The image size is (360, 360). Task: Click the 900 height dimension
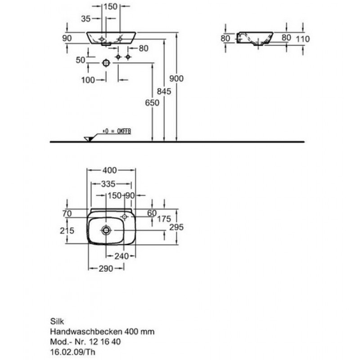[176, 78]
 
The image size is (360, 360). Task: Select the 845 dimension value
[164, 91]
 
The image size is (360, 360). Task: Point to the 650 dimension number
[152, 103]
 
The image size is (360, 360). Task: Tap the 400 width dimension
[110, 170]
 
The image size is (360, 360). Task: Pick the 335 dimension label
[108, 184]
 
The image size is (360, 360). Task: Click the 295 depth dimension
[176, 227]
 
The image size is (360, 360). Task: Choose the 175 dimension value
[164, 219]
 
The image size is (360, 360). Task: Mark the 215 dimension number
[67, 230]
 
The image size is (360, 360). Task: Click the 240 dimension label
[121, 256]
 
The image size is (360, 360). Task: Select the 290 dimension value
[106, 268]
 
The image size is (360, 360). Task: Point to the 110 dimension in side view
[303, 39]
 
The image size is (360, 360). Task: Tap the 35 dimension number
[86, 18]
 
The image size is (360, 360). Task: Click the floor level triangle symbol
[88, 139]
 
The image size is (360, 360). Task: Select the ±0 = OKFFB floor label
[117, 131]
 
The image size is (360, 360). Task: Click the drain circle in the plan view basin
[106, 230]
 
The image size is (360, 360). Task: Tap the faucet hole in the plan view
[124, 216]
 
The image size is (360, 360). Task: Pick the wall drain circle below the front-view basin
[106, 63]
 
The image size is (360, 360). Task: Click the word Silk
[57, 321]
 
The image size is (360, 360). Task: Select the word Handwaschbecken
[86, 331]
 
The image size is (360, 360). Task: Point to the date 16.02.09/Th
[72, 352]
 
